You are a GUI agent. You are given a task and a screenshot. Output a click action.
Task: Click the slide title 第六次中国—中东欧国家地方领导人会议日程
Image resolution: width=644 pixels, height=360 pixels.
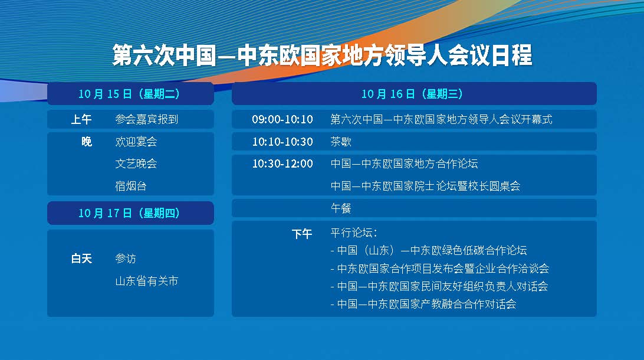click(323, 55)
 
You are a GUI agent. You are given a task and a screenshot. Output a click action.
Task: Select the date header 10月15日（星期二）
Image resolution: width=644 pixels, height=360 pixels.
click(129, 94)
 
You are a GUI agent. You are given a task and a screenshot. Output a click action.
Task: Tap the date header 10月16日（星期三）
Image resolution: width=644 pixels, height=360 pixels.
click(412, 94)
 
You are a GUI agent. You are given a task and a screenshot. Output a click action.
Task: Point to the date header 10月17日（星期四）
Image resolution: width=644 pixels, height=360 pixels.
click(129, 213)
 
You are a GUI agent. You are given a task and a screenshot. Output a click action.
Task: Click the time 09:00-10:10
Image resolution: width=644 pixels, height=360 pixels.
click(282, 119)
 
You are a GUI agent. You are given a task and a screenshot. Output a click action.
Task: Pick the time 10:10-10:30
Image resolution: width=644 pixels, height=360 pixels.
click(282, 142)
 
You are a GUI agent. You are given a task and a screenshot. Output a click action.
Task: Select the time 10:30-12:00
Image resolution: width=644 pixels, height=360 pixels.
click(282, 163)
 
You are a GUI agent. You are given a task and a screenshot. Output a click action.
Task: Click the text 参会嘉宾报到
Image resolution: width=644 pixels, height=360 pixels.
click(147, 119)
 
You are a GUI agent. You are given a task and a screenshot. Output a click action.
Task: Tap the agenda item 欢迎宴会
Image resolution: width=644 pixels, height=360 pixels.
click(136, 142)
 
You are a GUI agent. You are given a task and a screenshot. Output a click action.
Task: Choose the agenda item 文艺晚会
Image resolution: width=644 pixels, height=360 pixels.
click(136, 163)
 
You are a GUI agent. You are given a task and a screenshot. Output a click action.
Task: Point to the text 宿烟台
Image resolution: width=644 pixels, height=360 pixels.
click(130, 186)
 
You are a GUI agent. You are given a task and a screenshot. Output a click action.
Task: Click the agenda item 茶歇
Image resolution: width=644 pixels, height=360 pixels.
click(341, 142)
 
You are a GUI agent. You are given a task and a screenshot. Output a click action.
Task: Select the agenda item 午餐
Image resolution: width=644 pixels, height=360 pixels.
click(341, 208)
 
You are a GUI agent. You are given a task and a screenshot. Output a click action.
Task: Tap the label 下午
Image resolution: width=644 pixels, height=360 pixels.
click(302, 234)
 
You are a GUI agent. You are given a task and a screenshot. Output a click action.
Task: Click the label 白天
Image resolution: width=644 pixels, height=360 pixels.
click(81, 258)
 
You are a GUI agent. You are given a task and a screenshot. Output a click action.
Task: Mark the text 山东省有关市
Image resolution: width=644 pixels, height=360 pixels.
click(147, 281)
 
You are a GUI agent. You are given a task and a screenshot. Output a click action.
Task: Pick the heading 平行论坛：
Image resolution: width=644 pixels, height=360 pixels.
click(354, 233)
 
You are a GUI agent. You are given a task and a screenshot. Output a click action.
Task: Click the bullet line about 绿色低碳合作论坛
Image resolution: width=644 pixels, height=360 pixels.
click(429, 250)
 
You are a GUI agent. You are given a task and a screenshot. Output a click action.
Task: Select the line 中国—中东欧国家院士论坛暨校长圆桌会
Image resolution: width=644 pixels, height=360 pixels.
click(426, 186)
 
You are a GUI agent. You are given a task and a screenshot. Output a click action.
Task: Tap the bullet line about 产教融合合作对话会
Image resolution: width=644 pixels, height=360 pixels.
click(423, 304)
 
